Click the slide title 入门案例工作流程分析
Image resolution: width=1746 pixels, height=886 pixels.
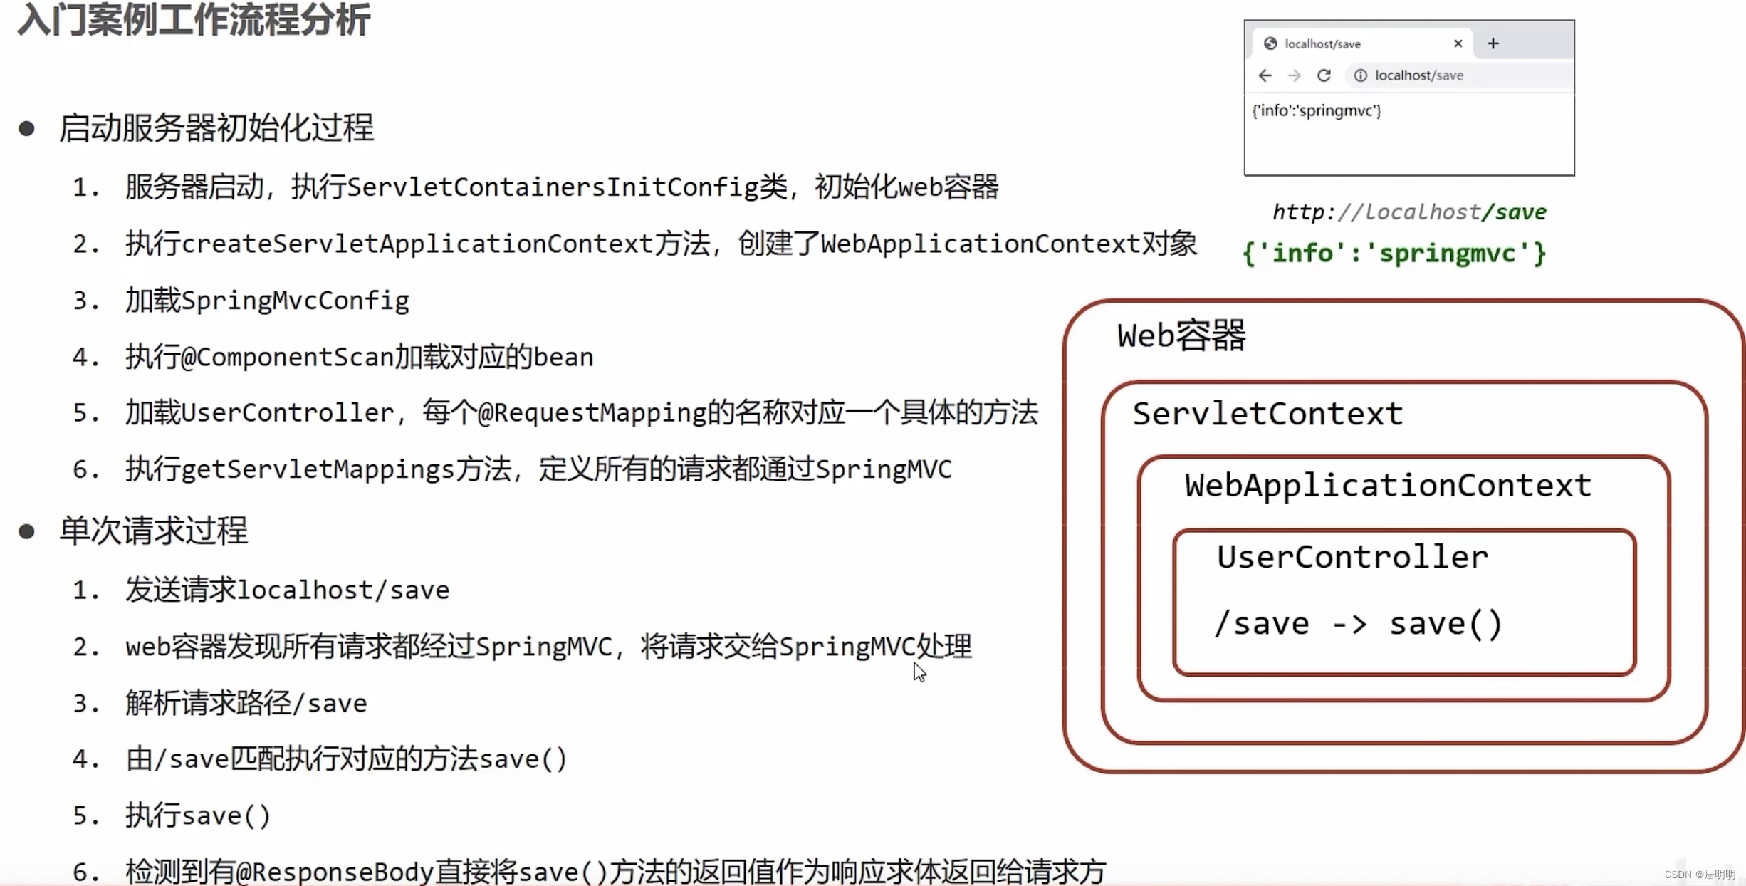point(194,20)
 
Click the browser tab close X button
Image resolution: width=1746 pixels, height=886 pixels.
point(1458,43)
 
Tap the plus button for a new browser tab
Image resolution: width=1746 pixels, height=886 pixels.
point(1493,43)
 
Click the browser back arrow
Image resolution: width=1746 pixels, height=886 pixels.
point(1265,75)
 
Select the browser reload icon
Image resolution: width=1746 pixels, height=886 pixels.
point(1324,75)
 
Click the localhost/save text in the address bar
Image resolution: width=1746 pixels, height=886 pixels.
point(1418,75)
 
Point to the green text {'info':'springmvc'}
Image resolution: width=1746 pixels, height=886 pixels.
point(1394,254)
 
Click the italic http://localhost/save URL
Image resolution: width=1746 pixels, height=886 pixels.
point(1408,212)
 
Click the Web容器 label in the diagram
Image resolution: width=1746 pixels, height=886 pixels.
point(1181,335)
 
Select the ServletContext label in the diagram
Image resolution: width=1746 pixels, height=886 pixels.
point(1267,414)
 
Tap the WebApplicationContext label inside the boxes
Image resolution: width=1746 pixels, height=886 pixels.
point(1387,486)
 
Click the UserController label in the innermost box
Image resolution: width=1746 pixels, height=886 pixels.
point(1352,557)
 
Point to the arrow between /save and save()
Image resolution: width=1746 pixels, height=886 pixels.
point(1349,625)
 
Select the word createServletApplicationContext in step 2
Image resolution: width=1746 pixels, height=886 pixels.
point(417,244)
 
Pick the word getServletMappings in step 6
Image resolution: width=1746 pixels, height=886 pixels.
point(318,469)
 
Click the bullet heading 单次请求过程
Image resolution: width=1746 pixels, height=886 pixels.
point(153,531)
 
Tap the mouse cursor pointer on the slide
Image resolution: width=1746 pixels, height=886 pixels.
point(919,672)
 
